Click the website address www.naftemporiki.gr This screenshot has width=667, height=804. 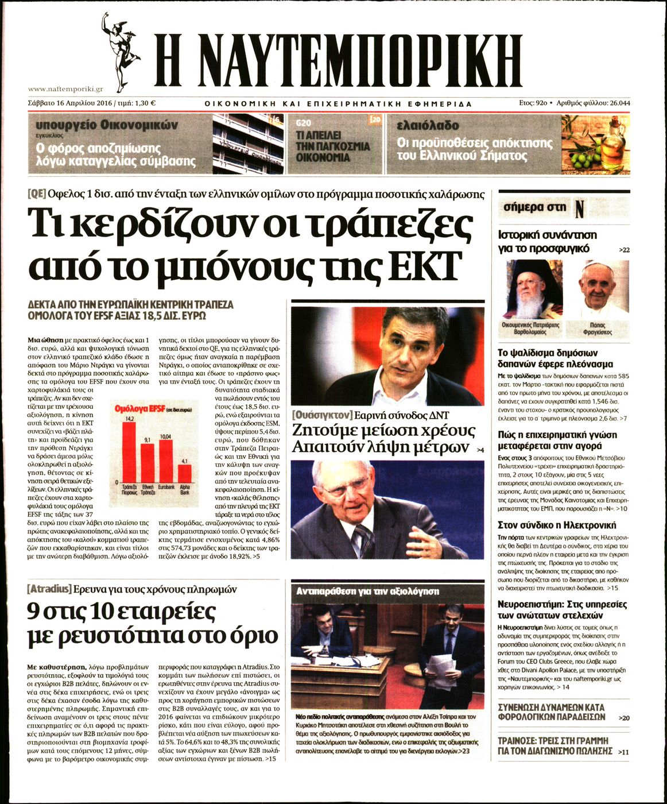(65, 89)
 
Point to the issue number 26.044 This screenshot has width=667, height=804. (616, 103)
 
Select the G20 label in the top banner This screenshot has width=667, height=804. (303, 123)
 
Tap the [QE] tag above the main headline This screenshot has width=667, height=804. (37, 194)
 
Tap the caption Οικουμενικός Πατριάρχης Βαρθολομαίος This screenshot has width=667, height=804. (531, 328)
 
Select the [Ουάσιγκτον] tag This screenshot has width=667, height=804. (321, 415)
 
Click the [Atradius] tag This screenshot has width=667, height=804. (49, 589)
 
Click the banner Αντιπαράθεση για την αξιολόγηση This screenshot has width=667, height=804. (367, 591)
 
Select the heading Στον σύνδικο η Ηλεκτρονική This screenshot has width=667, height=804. (556, 525)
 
